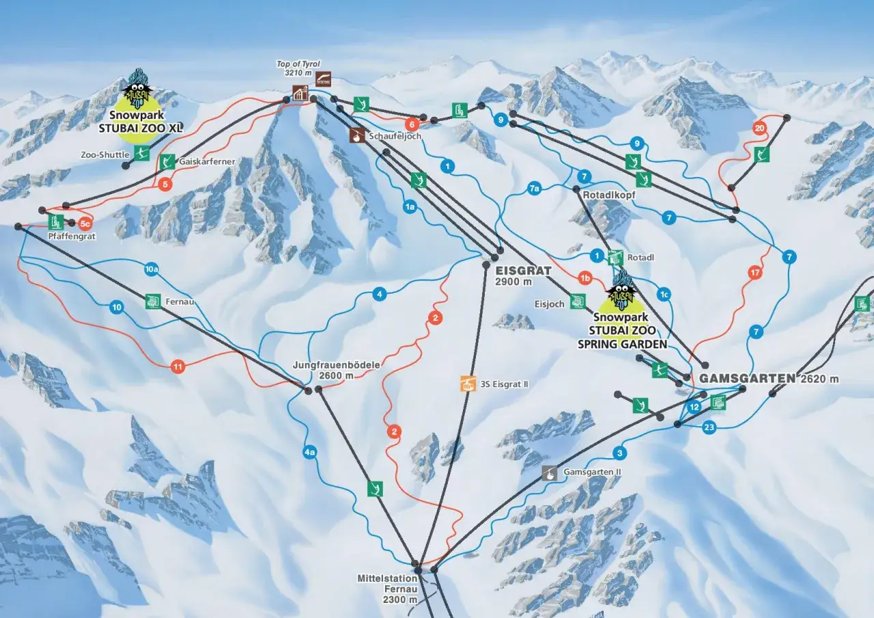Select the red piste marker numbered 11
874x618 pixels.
(178, 367)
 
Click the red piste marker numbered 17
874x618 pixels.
(755, 272)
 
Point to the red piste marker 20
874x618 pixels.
(759, 128)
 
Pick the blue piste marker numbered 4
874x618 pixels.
(378, 294)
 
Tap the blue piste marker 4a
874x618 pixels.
(310, 452)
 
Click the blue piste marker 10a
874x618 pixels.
(152, 270)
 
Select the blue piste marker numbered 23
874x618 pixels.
(709, 427)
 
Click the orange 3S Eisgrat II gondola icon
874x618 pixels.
(468, 384)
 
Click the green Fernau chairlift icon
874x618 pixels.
(153, 301)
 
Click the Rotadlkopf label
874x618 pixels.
(609, 195)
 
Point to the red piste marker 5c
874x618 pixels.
(85, 223)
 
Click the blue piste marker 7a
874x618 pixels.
(534, 189)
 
